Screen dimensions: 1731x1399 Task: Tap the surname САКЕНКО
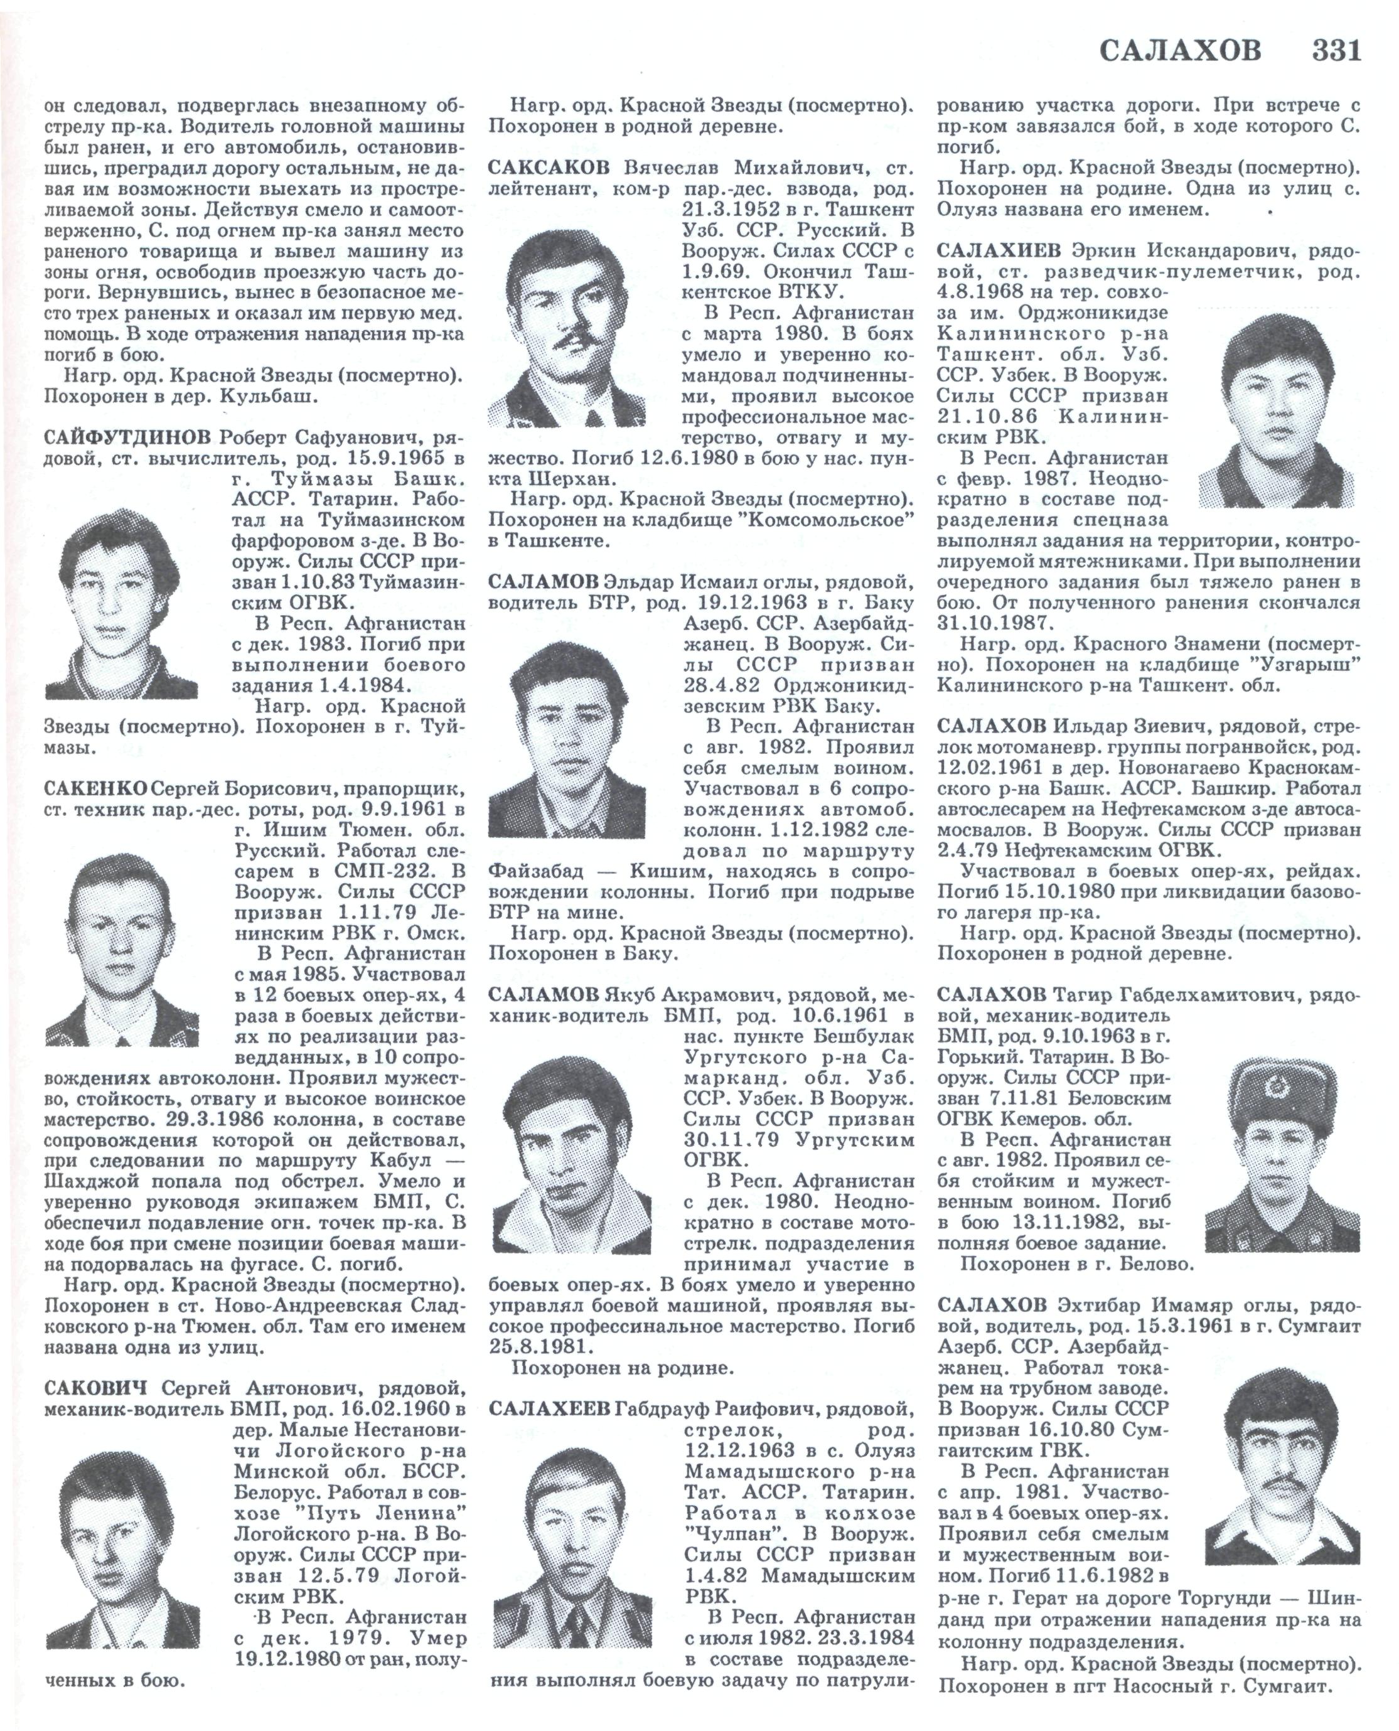[96, 787]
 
